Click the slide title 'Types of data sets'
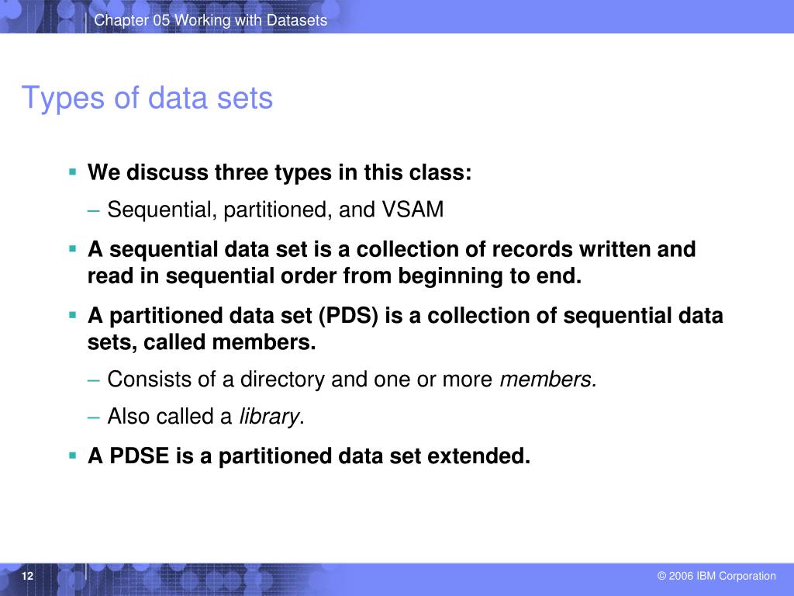tap(147, 99)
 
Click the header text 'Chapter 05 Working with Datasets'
tap(210, 20)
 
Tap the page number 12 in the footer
tap(28, 576)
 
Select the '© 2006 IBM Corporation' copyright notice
tap(716, 576)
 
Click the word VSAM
tap(413, 210)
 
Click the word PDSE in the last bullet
tap(140, 456)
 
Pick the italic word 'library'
tap(268, 417)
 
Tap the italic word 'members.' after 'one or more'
tap(548, 379)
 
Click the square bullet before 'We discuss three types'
tap(72, 171)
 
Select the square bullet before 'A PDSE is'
tap(72, 455)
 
